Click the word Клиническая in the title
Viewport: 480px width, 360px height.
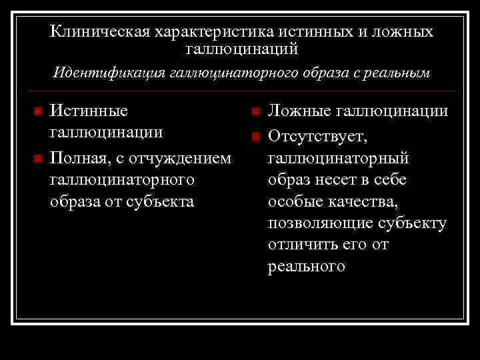[x=99, y=31]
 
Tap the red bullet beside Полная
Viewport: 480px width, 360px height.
[x=38, y=159]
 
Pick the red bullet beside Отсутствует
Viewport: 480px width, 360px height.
[x=255, y=137]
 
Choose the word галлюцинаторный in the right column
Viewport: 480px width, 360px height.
[x=338, y=159]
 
